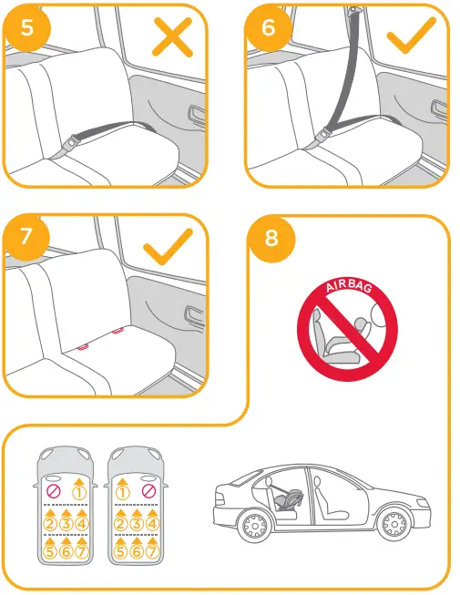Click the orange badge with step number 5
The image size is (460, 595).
pyautogui.click(x=28, y=26)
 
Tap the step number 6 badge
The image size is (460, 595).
pyautogui.click(x=268, y=26)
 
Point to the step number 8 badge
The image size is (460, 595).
pyautogui.click(x=271, y=239)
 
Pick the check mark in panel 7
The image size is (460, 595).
pyautogui.click(x=169, y=245)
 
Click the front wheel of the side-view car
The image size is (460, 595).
pyautogui.click(x=394, y=524)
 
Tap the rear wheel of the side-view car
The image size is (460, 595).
pyautogui.click(x=251, y=525)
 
